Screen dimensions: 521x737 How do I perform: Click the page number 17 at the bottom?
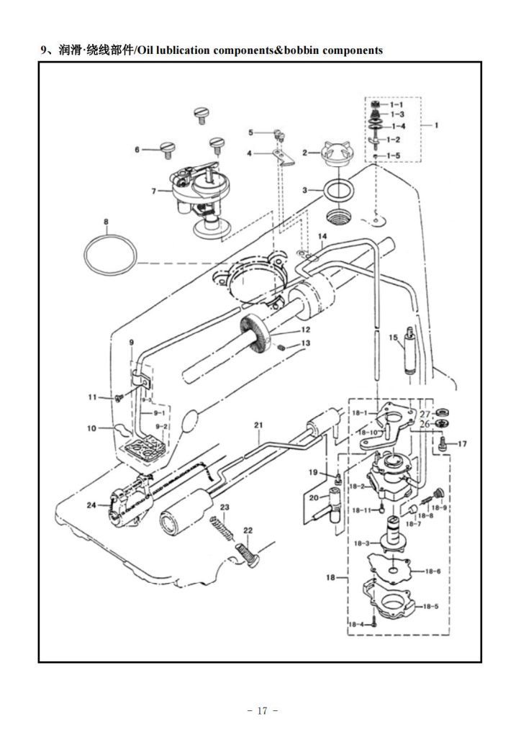tap(262, 710)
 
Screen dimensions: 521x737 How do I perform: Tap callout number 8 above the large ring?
tap(107, 222)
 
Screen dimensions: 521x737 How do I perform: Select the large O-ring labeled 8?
tap(110, 255)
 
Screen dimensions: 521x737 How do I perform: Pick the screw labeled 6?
tap(168, 150)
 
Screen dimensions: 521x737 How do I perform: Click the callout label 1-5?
tap(394, 155)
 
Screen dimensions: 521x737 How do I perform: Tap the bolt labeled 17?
tap(442, 444)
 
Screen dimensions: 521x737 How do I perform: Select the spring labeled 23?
tap(222, 528)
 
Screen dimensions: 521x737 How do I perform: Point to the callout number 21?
tap(258, 425)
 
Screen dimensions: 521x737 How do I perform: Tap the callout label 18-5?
tap(430, 606)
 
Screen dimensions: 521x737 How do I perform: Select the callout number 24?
tap(91, 505)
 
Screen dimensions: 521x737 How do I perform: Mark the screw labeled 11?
tap(119, 398)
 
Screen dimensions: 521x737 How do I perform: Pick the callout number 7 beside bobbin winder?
tap(153, 191)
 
